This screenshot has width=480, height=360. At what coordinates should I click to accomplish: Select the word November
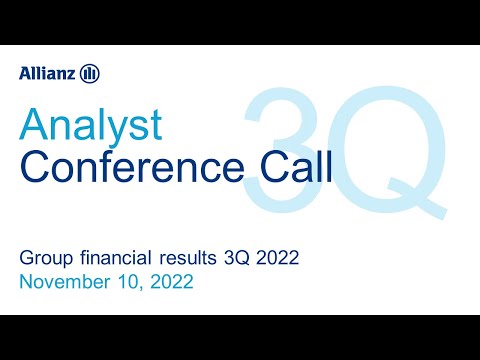(x=68, y=283)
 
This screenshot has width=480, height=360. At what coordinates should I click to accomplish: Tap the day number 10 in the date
(x=133, y=283)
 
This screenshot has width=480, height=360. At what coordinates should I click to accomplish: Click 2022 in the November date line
(x=171, y=283)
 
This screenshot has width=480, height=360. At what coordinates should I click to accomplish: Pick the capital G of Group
(x=26, y=260)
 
